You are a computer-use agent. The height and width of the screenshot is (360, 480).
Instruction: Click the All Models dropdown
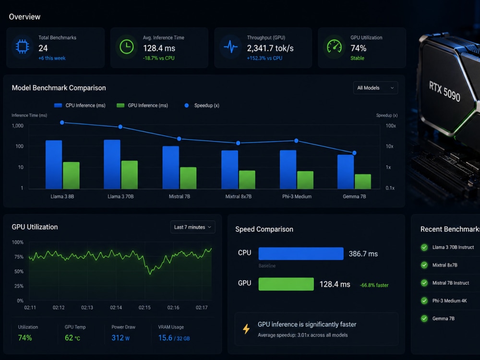(375, 88)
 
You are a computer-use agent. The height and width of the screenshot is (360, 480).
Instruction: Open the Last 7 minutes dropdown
(192, 227)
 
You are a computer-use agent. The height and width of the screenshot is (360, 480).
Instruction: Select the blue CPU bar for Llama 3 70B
(112, 164)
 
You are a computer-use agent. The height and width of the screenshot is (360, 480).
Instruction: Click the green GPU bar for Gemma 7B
(363, 181)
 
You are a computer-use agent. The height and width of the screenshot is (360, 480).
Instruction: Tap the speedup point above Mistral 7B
(180, 139)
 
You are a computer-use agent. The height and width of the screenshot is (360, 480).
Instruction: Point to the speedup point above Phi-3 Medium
(296, 141)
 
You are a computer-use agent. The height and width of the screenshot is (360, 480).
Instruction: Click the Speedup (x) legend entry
(202, 105)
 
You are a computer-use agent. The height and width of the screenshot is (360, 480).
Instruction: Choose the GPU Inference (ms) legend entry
(143, 105)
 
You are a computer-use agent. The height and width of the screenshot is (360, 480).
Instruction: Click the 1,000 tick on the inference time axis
(17, 126)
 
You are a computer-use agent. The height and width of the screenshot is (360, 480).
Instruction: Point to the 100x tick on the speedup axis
(391, 126)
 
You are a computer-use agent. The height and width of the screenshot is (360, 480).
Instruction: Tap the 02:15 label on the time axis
(144, 307)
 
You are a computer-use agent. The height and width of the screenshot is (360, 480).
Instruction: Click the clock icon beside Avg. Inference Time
(126, 47)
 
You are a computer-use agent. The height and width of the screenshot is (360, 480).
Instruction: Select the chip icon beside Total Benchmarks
(23, 47)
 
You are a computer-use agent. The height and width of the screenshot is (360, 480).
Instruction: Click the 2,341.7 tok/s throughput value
(270, 48)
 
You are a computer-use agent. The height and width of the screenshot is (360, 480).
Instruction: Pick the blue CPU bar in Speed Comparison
(301, 253)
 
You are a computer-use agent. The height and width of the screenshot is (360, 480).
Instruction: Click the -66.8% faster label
(374, 285)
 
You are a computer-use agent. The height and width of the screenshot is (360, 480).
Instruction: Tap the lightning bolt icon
(246, 329)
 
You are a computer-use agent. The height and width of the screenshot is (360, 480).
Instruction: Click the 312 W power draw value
(120, 337)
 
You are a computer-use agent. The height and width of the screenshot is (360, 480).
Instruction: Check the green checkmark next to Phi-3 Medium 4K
(424, 300)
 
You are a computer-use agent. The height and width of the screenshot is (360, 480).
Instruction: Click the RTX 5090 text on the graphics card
(444, 91)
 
